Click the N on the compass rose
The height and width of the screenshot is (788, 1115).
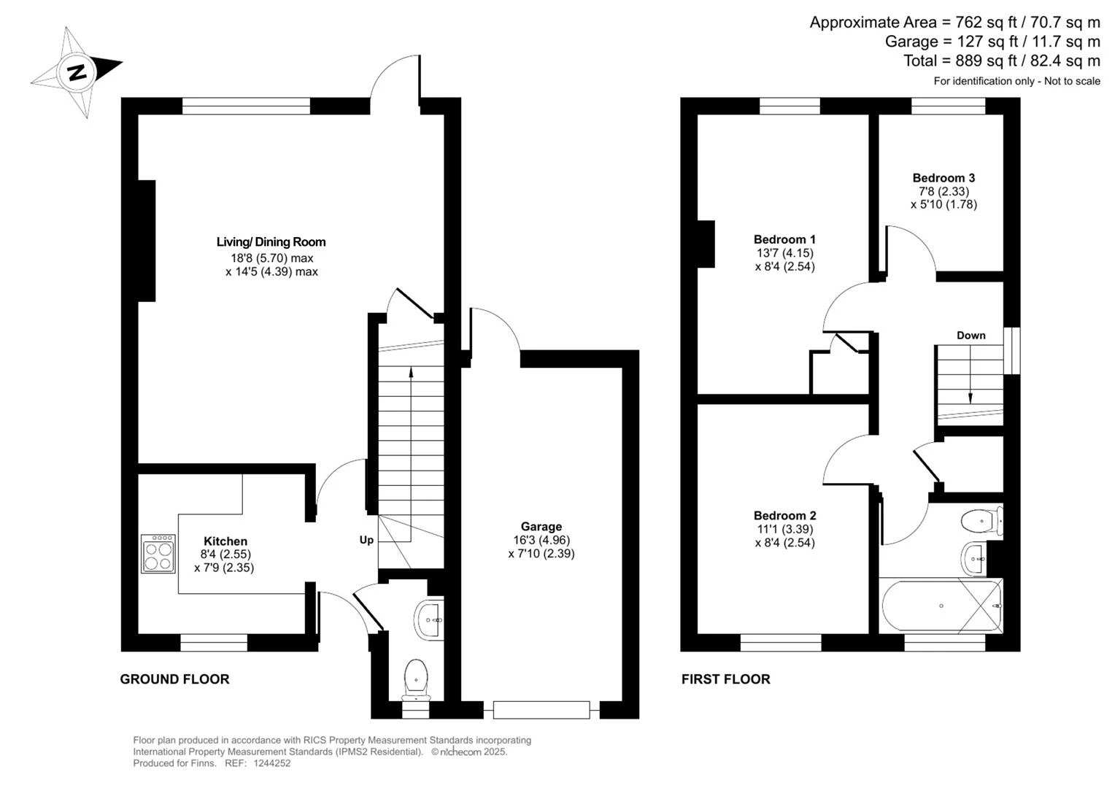(77, 73)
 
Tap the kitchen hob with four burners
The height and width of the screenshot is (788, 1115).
(158, 554)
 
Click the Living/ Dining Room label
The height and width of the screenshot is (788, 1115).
(271, 242)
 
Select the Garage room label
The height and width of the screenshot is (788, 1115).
(541, 526)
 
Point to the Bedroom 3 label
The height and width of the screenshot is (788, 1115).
(944, 178)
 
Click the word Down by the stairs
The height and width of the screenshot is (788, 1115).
(971, 336)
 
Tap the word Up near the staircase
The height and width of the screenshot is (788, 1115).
(366, 540)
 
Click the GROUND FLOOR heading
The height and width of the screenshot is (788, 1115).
(174, 679)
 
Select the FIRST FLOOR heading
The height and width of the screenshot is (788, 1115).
(725, 679)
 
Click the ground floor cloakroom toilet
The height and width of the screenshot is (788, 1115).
(416, 680)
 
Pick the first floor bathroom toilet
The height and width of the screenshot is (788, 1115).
(981, 522)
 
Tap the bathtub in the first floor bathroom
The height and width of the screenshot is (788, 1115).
(941, 606)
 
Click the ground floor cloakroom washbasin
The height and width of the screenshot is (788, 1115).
(429, 619)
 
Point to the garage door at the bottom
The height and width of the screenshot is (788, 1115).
(541, 710)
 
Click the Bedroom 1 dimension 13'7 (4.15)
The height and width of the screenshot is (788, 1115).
(785, 253)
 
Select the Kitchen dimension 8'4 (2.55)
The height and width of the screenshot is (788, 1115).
(225, 554)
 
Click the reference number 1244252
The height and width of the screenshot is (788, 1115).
(271, 763)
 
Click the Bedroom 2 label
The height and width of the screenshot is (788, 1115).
(785, 515)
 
